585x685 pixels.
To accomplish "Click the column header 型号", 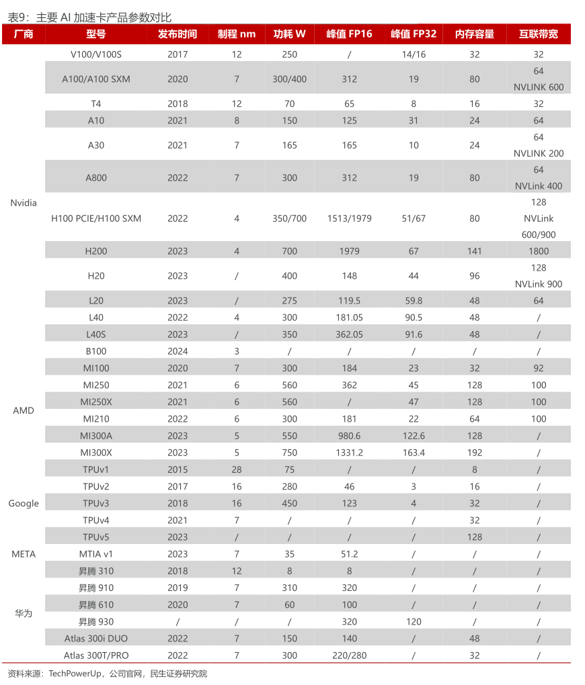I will pos(96,34).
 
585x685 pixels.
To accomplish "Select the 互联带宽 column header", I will pos(538,34).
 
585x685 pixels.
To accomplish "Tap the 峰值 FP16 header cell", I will pos(349,34).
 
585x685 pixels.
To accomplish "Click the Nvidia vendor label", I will pos(24,203).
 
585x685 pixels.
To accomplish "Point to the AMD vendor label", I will pos(24,410).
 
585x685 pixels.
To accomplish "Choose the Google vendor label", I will pos(24,504).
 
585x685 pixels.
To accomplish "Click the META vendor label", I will pos(24,554).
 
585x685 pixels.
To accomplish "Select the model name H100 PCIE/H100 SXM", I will pos(96,218).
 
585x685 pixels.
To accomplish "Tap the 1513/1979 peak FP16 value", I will pos(349,218).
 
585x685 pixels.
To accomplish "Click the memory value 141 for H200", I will pos(475,251).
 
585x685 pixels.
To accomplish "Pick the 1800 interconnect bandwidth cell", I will pos(538,251).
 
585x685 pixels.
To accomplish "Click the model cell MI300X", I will pos(96,453).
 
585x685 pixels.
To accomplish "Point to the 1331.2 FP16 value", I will pos(349,453).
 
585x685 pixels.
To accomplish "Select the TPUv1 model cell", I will pos(96,469).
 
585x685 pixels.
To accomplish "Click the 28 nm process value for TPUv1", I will pos(237,469).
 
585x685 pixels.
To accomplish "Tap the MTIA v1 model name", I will pos(96,554).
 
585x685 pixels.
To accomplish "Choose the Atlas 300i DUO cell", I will pos(96,639).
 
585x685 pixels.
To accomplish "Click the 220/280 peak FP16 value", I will pos(349,655).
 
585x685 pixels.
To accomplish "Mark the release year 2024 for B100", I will pos(178,351).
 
